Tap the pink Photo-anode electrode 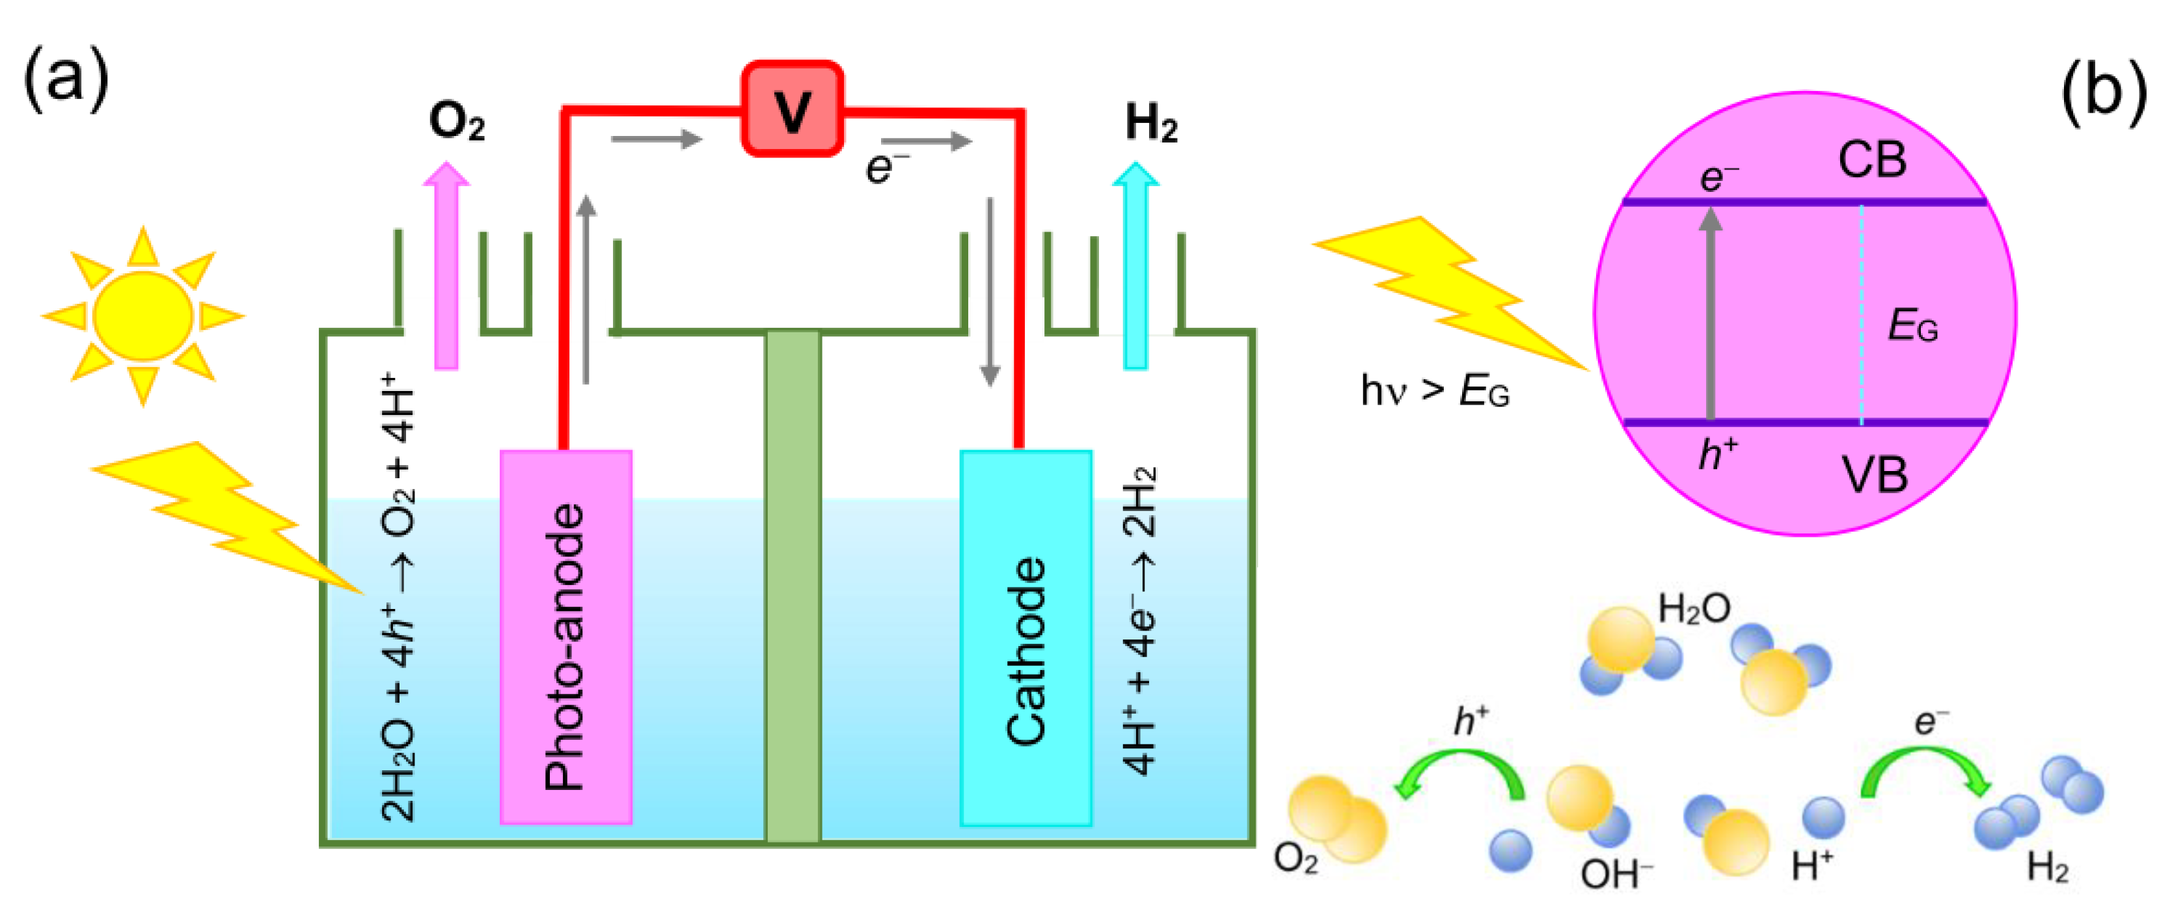click(x=565, y=637)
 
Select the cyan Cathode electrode click(x=1025, y=637)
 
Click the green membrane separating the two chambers click(x=793, y=586)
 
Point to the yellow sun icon click(x=143, y=316)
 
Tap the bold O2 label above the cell click(x=456, y=122)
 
